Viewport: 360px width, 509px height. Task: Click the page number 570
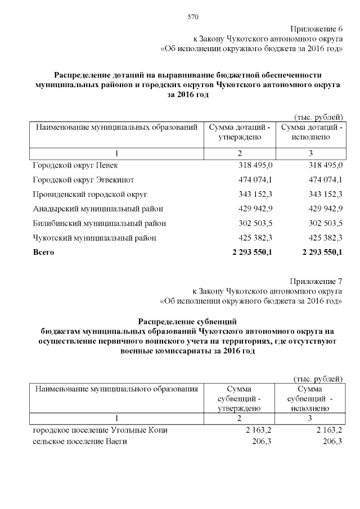coord(193,16)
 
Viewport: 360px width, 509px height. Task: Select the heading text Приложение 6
coord(317,29)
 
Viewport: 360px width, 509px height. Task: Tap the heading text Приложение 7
coord(317,281)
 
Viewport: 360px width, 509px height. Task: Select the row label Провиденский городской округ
coord(89,194)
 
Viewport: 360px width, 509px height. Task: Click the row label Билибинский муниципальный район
coord(100,223)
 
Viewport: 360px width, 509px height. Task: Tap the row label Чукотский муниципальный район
coord(94,238)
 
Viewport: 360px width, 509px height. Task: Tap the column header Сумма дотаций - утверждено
coord(240,133)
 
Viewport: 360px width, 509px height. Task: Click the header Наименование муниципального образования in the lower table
coord(117,389)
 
